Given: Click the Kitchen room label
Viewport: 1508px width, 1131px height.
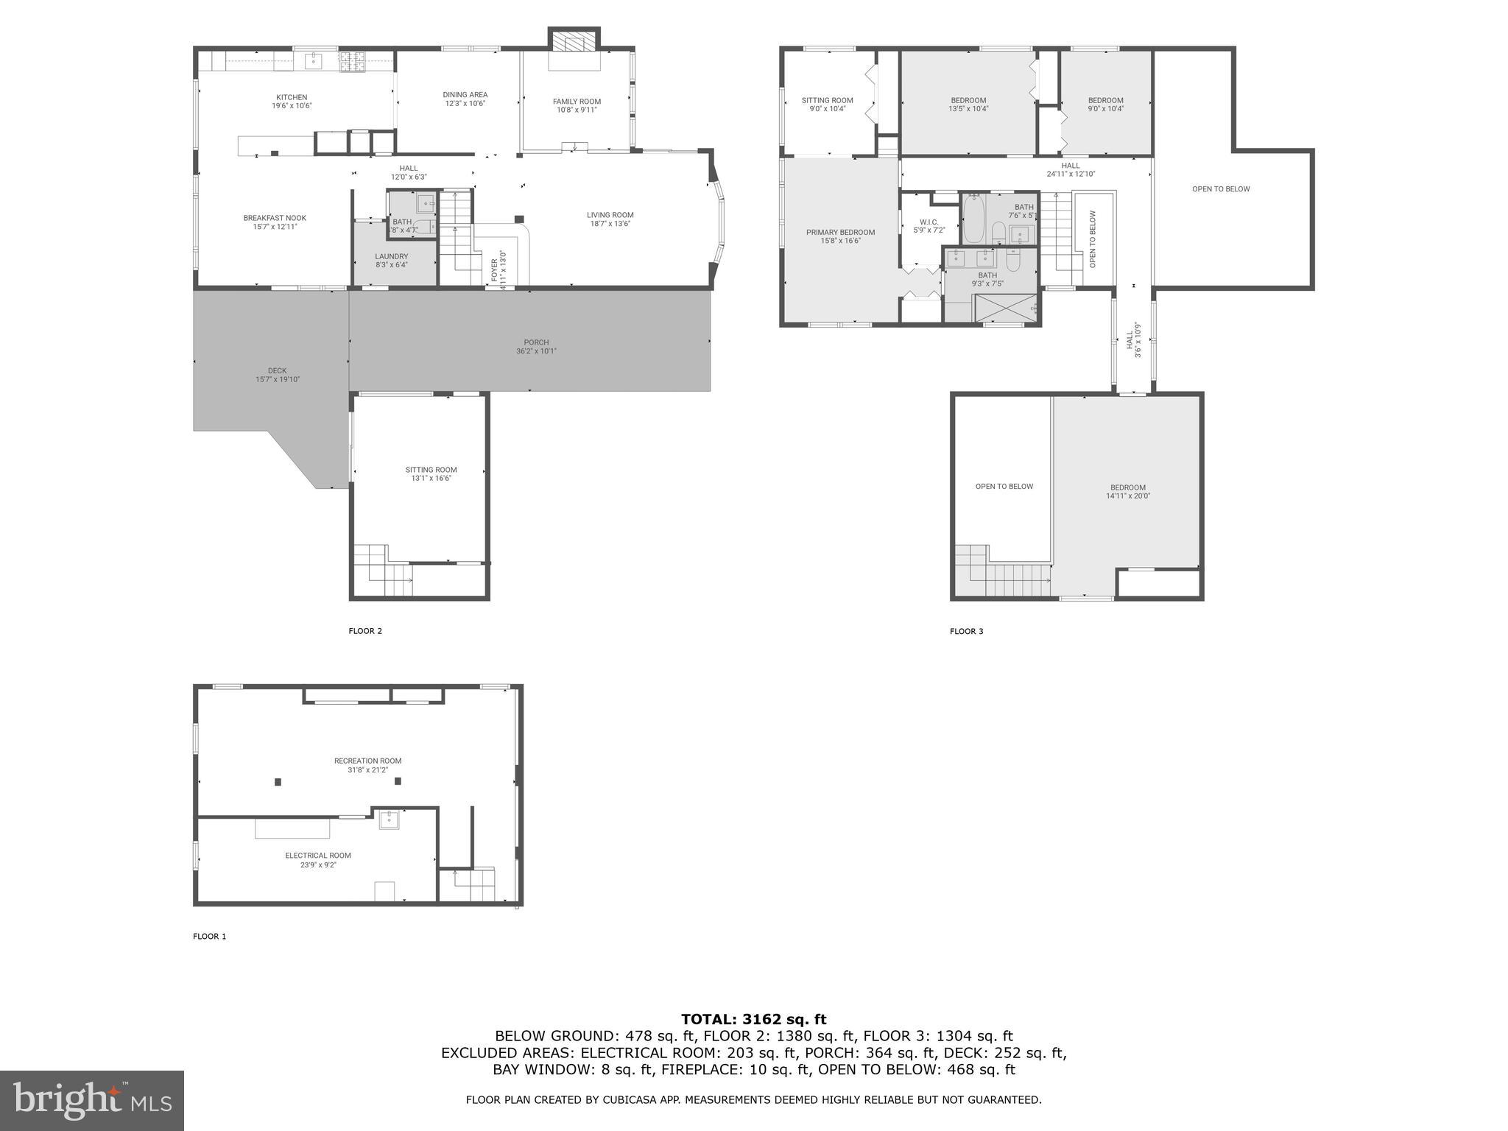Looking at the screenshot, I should coord(292,97).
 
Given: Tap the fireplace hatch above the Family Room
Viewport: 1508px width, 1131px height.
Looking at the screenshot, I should coord(574,41).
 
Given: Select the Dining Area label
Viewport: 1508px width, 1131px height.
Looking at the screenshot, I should coord(465,95).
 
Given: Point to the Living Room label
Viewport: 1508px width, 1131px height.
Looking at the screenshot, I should coord(610,215).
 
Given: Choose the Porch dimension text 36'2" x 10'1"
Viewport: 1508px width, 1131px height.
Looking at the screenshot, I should coord(536,351).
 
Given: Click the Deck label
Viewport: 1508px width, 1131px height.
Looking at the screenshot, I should coord(277,370).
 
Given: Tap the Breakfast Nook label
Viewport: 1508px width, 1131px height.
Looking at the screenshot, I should coord(275,218).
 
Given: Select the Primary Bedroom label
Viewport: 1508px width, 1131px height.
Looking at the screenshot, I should coord(840,232).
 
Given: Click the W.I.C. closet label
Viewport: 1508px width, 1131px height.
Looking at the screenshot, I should coord(929,222).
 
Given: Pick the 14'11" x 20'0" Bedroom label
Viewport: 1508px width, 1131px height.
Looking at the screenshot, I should coord(1127,487).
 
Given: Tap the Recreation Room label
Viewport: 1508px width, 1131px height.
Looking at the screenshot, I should coord(367,761).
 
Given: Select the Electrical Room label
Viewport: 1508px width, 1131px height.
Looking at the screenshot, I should coord(318,856).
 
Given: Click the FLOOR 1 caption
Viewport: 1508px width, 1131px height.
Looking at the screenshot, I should coord(210,937).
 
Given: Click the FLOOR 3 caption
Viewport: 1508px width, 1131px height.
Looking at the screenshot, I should coord(966,631).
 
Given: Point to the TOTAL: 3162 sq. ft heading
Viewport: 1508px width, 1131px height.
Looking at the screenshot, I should coord(753,1019).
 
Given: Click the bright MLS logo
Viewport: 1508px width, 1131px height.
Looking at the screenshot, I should coord(92,1100).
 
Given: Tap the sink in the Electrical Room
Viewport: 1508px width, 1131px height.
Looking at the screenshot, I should coord(389,819).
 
